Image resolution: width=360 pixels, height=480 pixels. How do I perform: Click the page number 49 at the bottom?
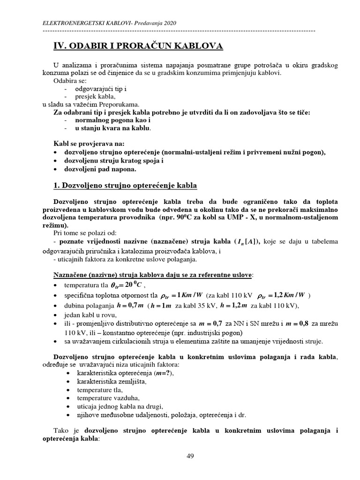point(190,456)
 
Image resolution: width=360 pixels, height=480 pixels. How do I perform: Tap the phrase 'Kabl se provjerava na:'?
point(90,144)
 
